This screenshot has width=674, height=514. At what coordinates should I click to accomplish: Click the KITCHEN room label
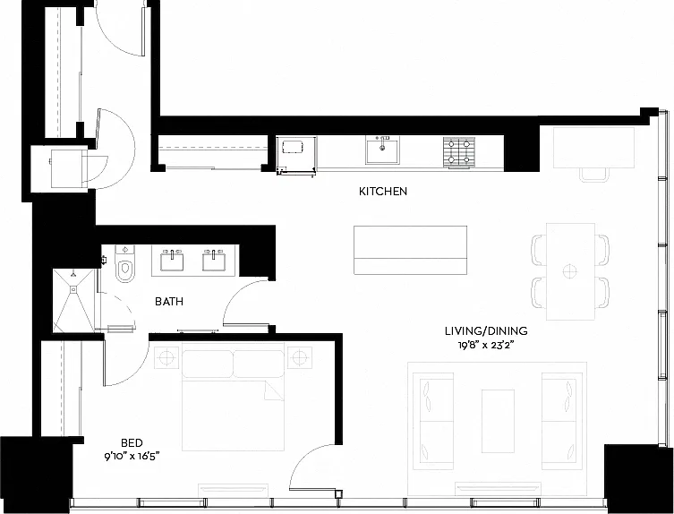pyautogui.click(x=383, y=191)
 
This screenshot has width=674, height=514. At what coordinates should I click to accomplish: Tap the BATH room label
pyautogui.click(x=169, y=302)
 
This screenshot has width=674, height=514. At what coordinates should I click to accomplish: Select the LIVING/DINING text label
pyautogui.click(x=486, y=330)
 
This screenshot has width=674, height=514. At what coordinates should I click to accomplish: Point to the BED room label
pyautogui.click(x=132, y=442)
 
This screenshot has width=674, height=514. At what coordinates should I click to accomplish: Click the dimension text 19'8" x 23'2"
pyautogui.click(x=486, y=345)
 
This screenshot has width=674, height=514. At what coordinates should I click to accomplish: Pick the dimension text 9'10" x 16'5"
pyautogui.click(x=132, y=457)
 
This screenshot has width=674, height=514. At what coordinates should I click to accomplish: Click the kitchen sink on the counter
pyautogui.click(x=382, y=150)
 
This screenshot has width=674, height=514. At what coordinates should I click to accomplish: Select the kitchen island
pyautogui.click(x=410, y=250)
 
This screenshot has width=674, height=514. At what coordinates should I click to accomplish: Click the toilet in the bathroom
pyautogui.click(x=125, y=263)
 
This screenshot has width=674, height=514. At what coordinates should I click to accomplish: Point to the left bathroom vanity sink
pyautogui.click(x=172, y=261)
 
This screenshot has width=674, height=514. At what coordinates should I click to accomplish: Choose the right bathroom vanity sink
pyautogui.click(x=214, y=261)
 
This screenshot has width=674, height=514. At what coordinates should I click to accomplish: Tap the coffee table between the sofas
pyautogui.click(x=498, y=421)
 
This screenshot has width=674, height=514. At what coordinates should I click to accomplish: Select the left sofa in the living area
pyautogui.click(x=433, y=421)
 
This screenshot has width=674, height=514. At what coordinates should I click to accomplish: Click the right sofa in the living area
pyautogui.click(x=562, y=421)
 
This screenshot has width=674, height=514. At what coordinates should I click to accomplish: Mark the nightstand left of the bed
pyautogui.click(x=166, y=357)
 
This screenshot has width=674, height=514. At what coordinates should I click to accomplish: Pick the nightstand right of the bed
pyautogui.click(x=300, y=357)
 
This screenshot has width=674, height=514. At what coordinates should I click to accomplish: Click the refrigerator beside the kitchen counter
pyautogui.click(x=296, y=154)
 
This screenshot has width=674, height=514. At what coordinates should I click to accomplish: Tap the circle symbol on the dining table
pyautogui.click(x=570, y=271)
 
